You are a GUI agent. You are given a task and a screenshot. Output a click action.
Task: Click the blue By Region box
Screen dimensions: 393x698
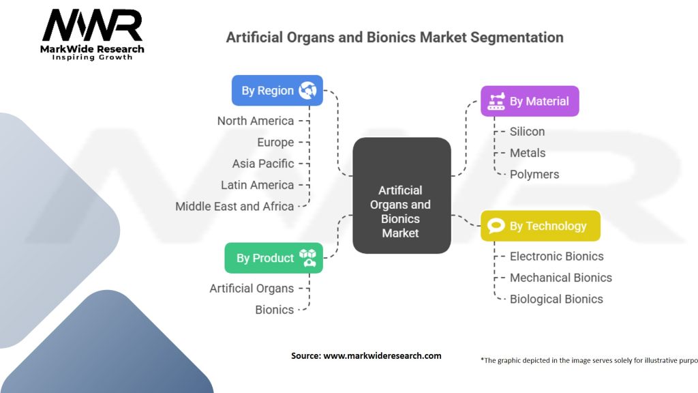tap(277, 91)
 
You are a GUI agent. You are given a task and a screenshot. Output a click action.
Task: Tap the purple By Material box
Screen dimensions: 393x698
tap(530, 101)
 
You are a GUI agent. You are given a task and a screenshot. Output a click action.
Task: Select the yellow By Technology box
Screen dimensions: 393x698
tap(540, 226)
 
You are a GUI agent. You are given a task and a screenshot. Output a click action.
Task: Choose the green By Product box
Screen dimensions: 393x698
tap(273, 258)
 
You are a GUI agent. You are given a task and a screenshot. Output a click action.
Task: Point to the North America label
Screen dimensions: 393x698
tap(256, 121)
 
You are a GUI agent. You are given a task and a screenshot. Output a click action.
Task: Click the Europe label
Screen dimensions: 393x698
tap(275, 142)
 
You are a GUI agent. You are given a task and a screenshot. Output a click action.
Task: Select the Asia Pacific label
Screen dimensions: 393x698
tap(263, 163)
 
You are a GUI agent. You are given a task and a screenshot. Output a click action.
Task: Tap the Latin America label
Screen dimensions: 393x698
tap(258, 185)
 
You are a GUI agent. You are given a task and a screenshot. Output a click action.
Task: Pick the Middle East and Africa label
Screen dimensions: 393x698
tap(234, 206)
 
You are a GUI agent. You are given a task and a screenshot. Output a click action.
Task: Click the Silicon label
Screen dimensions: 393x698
tap(528, 131)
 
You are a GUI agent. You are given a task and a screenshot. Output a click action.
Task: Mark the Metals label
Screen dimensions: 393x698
tap(528, 153)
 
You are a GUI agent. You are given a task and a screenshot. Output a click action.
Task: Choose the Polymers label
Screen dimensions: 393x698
tap(534, 174)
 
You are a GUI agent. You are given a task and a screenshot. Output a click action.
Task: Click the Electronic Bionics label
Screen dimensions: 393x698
tap(557, 256)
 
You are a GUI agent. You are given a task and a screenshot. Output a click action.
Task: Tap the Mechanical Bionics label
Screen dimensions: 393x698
tap(561, 278)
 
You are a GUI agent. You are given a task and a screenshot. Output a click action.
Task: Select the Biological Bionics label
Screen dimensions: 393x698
tap(556, 299)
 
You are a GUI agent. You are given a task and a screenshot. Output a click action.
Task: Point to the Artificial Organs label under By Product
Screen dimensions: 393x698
tap(252, 288)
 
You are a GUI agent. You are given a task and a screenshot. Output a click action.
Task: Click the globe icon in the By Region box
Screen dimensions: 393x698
tap(307, 90)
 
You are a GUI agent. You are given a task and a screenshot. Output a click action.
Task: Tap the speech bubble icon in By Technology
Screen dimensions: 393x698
tap(496, 226)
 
